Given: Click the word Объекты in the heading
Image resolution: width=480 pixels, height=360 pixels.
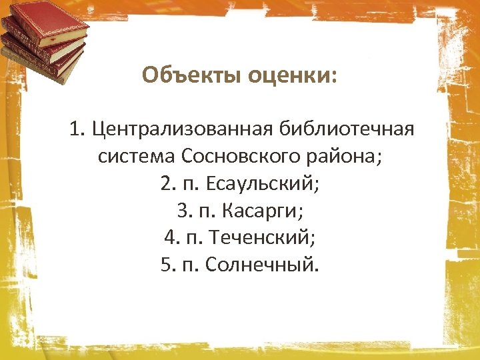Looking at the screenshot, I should [192, 75].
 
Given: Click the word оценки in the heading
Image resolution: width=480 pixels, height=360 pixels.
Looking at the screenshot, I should [288, 75].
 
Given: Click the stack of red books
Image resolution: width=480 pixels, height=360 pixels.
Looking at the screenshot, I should [44, 40].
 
